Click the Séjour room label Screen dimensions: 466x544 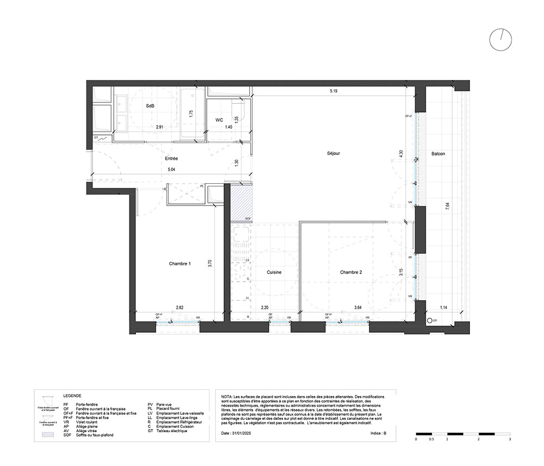(x=334, y=153)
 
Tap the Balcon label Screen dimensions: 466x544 (x=438, y=154)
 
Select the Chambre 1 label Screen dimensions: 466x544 (x=179, y=264)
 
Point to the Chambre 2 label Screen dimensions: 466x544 (x=351, y=272)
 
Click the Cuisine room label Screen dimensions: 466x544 (x=274, y=272)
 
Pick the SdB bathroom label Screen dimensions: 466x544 (x=150, y=107)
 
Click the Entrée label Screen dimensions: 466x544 (x=171, y=159)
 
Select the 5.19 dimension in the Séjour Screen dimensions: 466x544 (x=333, y=91)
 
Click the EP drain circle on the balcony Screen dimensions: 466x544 (x=429, y=321)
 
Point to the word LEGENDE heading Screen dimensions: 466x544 (x=72, y=396)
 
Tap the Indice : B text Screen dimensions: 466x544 (x=378, y=434)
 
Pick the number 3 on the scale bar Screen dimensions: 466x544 (x=509, y=438)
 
